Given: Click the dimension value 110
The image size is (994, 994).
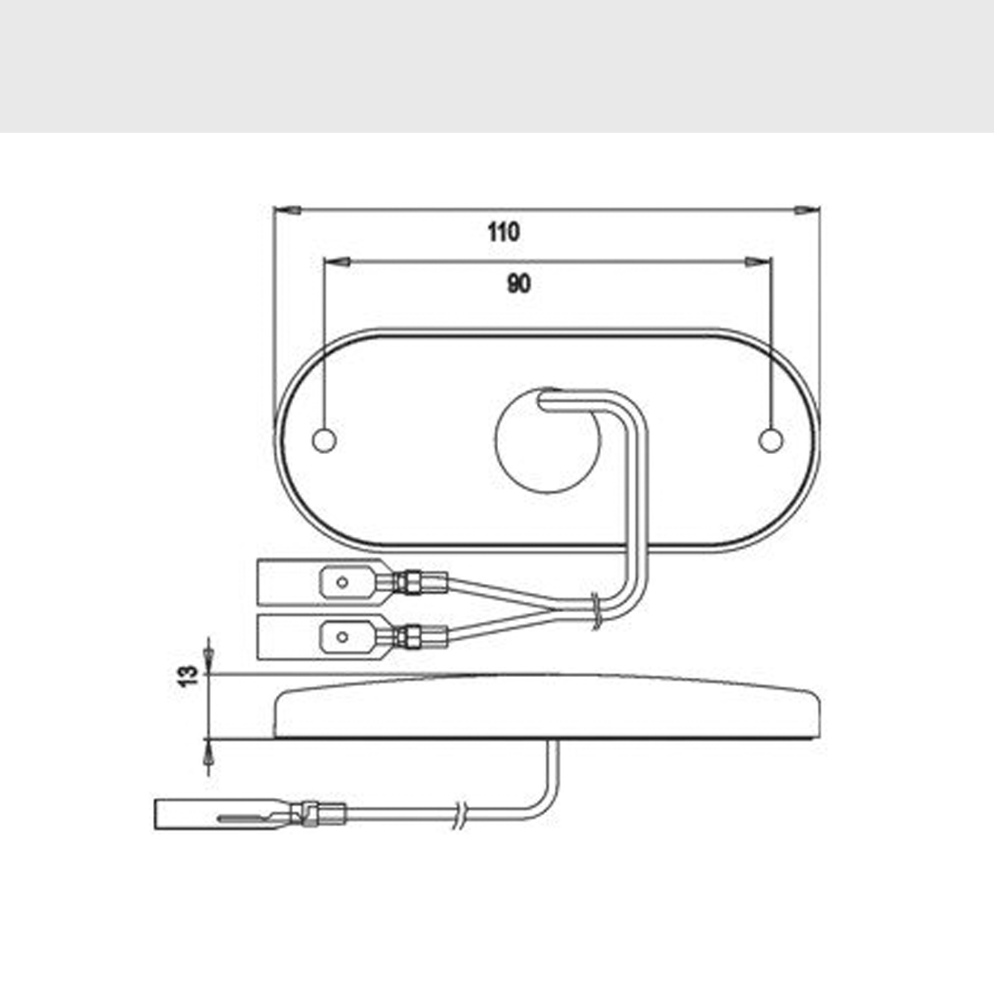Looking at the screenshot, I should point(503,232).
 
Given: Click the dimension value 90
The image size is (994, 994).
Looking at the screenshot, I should point(519,284).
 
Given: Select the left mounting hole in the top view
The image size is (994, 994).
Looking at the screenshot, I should point(324,440).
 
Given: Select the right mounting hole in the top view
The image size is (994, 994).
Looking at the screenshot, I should point(770,440).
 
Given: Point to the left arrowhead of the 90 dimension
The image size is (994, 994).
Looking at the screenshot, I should point(337,262).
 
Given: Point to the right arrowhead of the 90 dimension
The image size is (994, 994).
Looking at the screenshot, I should point(757,262).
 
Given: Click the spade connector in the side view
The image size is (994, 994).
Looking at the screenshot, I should point(224,814).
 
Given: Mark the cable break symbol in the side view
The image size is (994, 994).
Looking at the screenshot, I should point(460,814).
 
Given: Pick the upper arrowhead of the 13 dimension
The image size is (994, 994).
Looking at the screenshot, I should point(208,656).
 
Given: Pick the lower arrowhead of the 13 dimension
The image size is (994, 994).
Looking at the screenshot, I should point(208,755).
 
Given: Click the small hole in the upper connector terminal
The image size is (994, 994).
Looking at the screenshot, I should point(342,582).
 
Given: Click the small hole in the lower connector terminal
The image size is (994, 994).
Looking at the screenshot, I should point(342,637).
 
